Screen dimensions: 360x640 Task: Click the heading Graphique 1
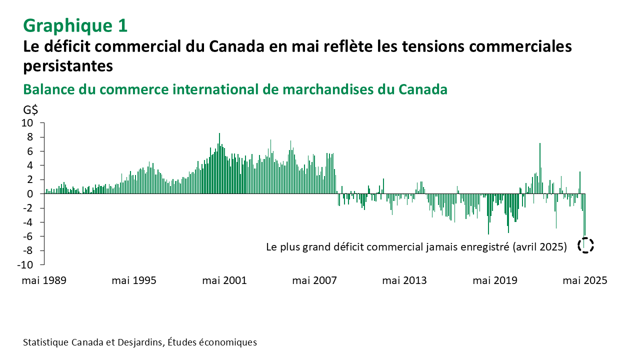click(75, 24)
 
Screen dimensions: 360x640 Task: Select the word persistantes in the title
click(67, 65)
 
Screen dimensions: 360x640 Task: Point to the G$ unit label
click(30, 110)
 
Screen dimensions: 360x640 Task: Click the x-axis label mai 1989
click(44, 280)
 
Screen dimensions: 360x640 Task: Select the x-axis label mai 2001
click(224, 280)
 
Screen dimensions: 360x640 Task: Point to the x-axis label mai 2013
click(404, 280)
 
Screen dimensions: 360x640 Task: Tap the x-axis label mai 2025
click(585, 280)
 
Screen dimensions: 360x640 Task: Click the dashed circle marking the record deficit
click(585, 245)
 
